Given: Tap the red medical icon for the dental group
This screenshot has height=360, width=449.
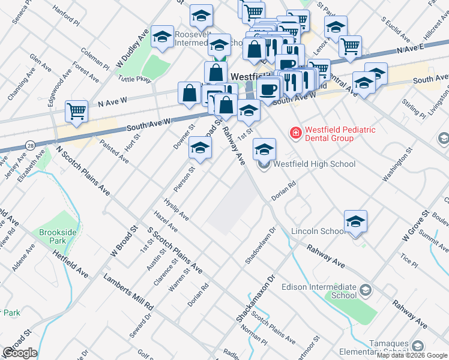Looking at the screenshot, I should (x=295, y=133).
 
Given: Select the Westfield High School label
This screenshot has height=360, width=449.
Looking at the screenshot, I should (x=315, y=164).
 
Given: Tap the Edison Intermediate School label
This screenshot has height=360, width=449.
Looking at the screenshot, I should (x=336, y=292).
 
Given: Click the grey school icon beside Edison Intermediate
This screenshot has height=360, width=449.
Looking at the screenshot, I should (x=364, y=291).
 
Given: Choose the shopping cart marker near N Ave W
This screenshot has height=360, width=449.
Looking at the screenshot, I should (x=77, y=112).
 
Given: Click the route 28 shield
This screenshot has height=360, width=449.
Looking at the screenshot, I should (x=29, y=145).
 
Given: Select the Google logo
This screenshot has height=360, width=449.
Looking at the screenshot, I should (x=19, y=353).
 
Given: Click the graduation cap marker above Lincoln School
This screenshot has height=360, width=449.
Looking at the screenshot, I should (x=355, y=221).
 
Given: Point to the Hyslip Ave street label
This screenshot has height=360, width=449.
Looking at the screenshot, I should (x=176, y=209).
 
